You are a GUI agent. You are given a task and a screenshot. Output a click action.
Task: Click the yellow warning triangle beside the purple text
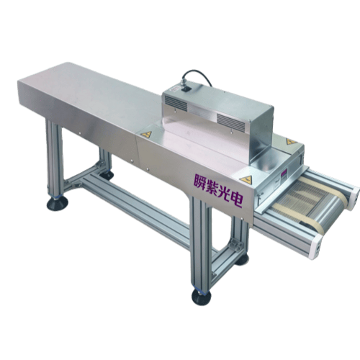click(x=246, y=179)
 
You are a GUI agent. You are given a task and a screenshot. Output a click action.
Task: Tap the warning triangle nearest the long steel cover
click(x=146, y=134)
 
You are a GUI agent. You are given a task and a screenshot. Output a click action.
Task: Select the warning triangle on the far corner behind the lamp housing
click(x=290, y=141)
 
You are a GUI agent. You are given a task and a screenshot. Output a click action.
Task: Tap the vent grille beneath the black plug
click(x=175, y=103)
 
